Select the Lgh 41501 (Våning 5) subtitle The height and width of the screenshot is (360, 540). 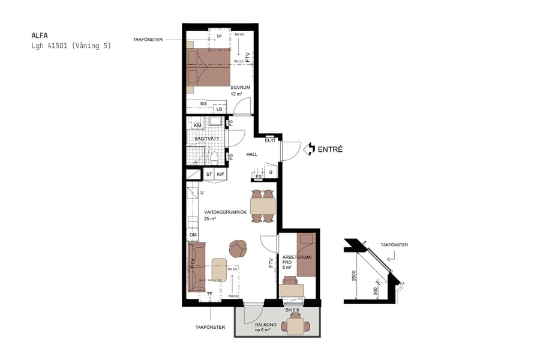71,46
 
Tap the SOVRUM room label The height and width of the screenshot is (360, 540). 240,87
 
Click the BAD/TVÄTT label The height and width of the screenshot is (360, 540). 206,139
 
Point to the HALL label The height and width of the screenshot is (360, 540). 252,154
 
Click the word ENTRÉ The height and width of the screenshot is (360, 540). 330,149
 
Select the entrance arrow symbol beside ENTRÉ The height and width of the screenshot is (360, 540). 310,149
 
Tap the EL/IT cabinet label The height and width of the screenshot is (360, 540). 270,140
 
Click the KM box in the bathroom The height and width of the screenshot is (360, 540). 197,125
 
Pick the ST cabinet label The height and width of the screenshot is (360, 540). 209,175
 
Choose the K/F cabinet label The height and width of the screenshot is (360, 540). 220,175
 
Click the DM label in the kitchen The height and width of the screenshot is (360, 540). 193,235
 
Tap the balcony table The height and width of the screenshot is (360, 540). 297,326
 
